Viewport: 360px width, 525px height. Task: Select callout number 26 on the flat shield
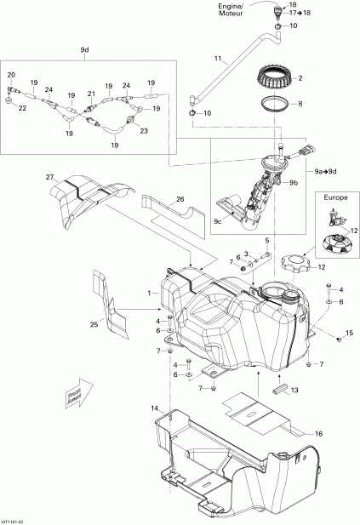point(180,200)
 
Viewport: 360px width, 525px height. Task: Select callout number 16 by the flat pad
point(319,433)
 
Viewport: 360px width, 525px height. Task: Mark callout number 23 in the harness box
point(144,130)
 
